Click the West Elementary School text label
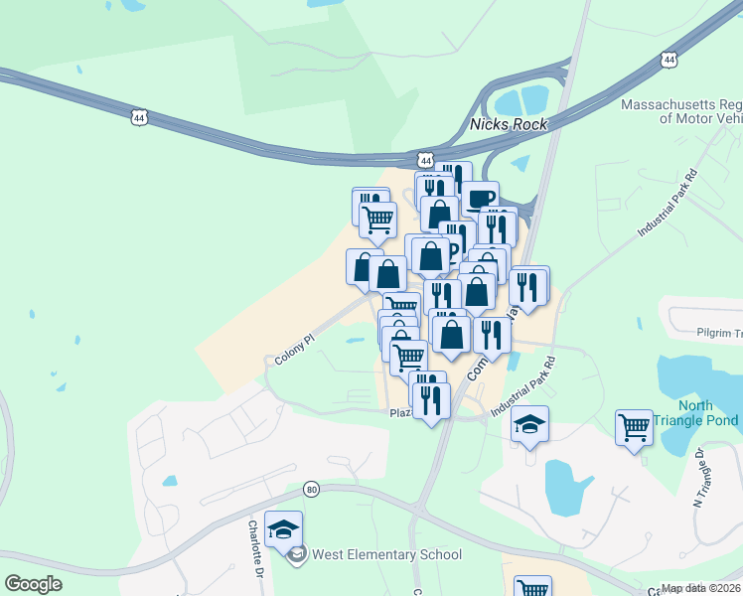coord(385,555)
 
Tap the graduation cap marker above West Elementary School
coord(284,530)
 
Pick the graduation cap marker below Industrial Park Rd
coord(530,425)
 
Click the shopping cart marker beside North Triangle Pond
coord(634,428)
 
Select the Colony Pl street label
coord(294,348)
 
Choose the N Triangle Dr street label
coord(701,476)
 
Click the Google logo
coord(33,584)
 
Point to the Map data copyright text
coord(700,588)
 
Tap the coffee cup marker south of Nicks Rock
coord(480,198)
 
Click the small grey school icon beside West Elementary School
coord(296,555)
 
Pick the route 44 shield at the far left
coord(138,117)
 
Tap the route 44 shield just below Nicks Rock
coord(426,159)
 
